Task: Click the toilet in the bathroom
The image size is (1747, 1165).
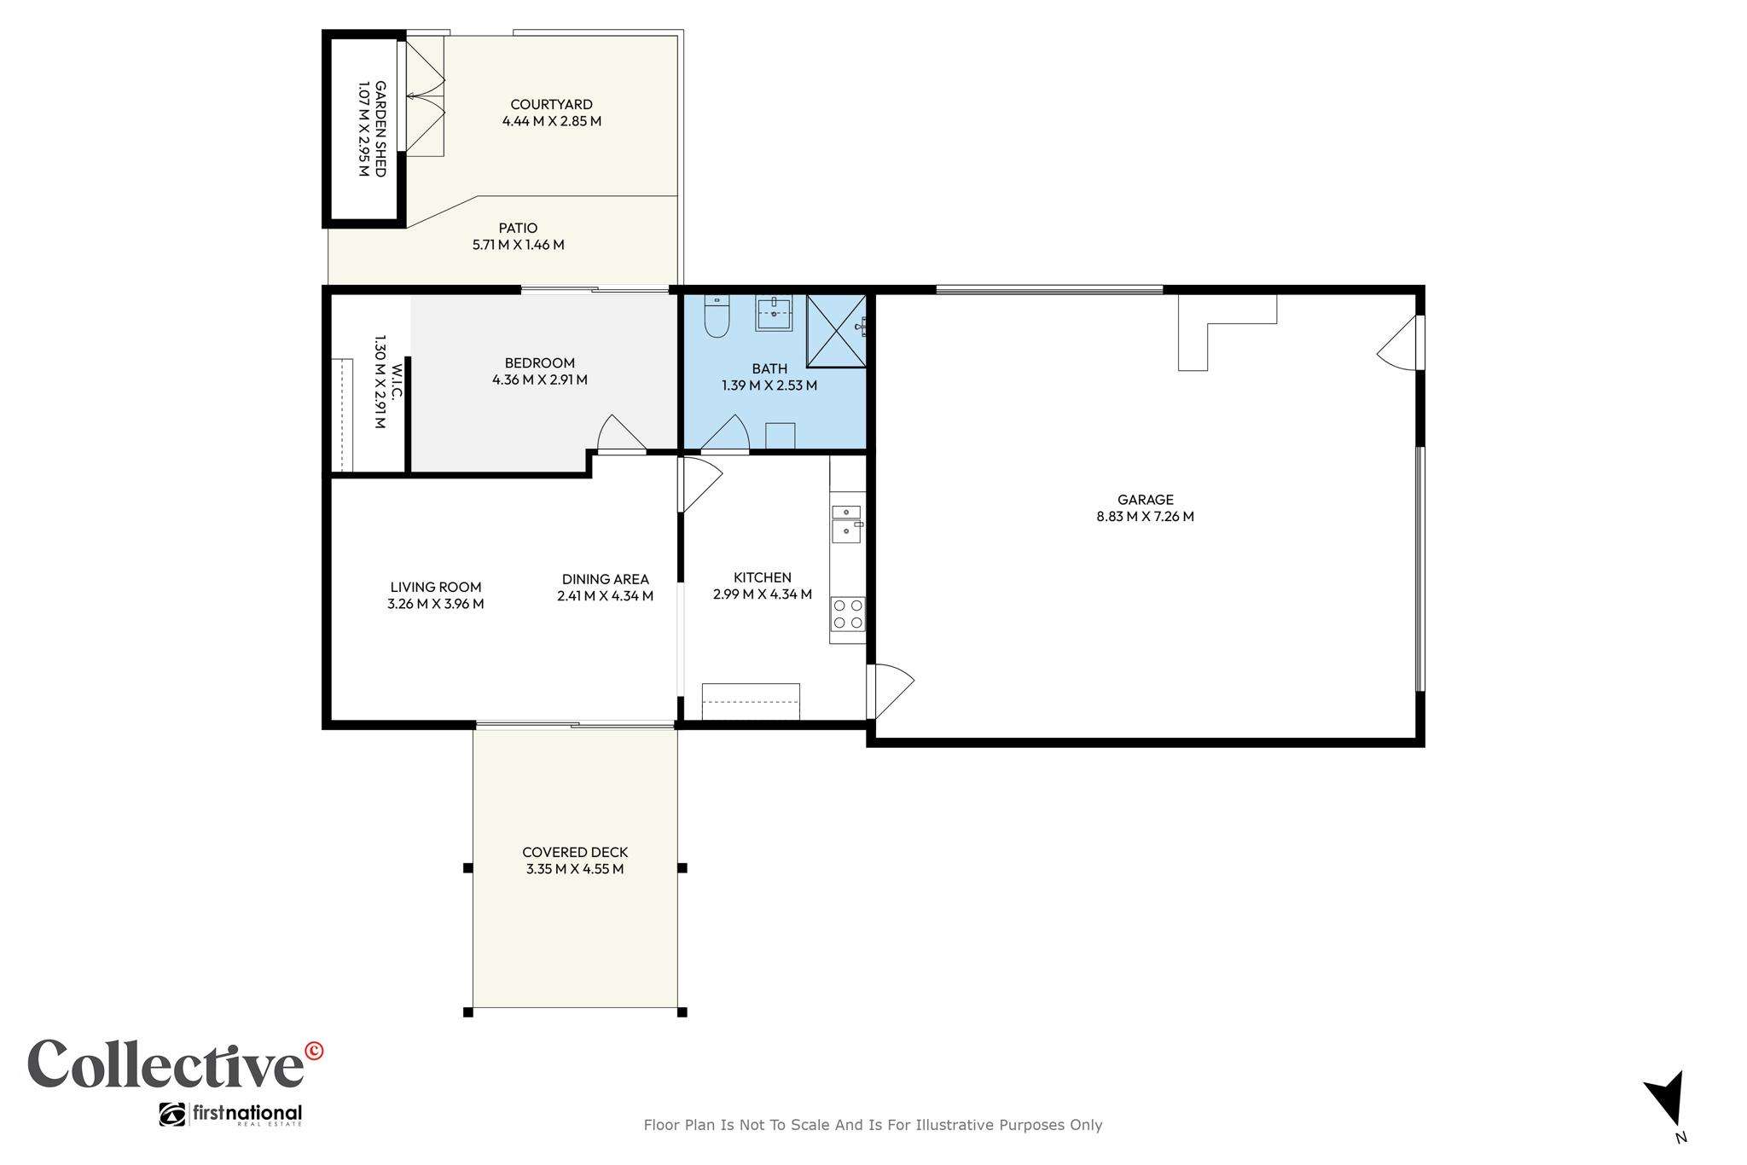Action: click(717, 316)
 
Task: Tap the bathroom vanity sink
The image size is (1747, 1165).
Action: click(774, 313)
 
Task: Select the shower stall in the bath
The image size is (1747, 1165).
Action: click(836, 331)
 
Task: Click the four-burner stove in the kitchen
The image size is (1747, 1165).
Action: click(847, 614)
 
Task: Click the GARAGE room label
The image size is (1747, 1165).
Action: click(1146, 500)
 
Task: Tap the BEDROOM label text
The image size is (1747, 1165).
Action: click(539, 362)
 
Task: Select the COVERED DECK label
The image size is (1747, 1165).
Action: click(575, 852)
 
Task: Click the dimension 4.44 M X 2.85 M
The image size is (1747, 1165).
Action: click(552, 121)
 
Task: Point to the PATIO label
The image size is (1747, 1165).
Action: click(518, 228)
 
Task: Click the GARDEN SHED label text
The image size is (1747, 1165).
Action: click(380, 129)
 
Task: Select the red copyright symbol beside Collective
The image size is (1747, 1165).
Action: click(314, 1051)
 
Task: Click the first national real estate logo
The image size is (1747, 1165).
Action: click(230, 1115)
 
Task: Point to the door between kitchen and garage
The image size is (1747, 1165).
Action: click(890, 691)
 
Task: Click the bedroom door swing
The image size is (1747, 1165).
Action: click(621, 432)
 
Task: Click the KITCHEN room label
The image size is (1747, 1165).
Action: click(763, 577)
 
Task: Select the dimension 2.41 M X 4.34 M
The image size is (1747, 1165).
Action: click(605, 596)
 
